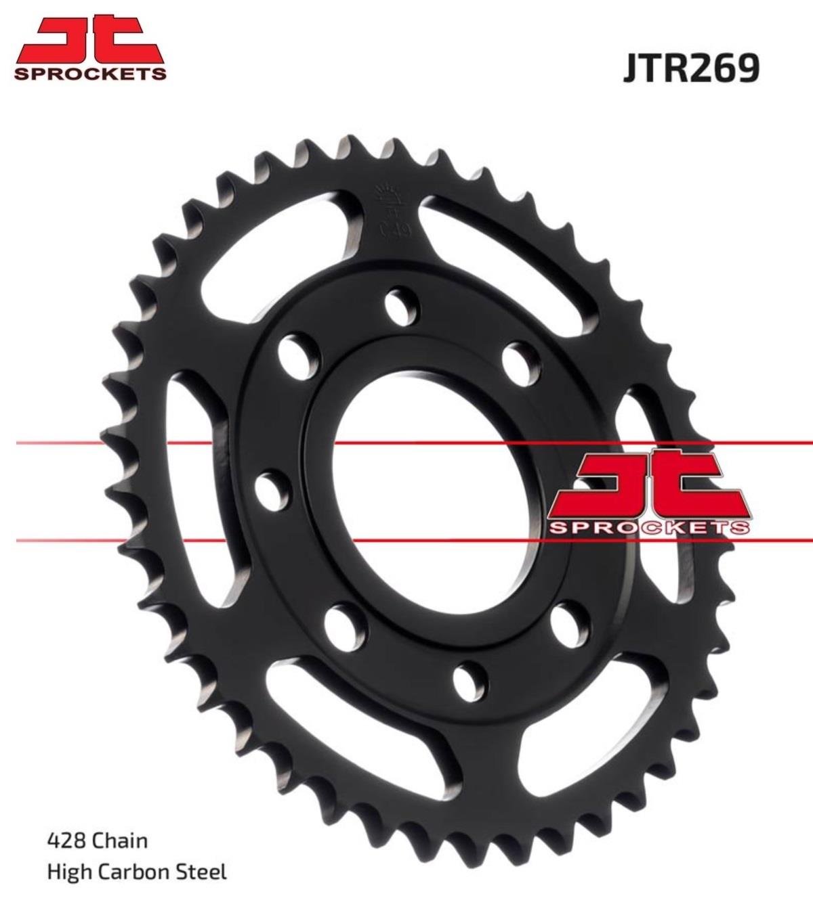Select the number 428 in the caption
pos(66,841)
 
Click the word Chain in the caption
pos(119,841)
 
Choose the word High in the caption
pos(69,872)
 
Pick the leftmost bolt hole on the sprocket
pos(273,487)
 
